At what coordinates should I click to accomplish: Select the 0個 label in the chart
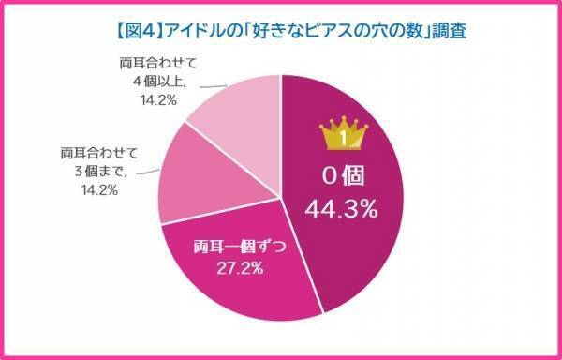click(x=342, y=177)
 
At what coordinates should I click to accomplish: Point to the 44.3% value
click(x=342, y=209)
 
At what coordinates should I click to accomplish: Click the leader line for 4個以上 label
click(x=176, y=91)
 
